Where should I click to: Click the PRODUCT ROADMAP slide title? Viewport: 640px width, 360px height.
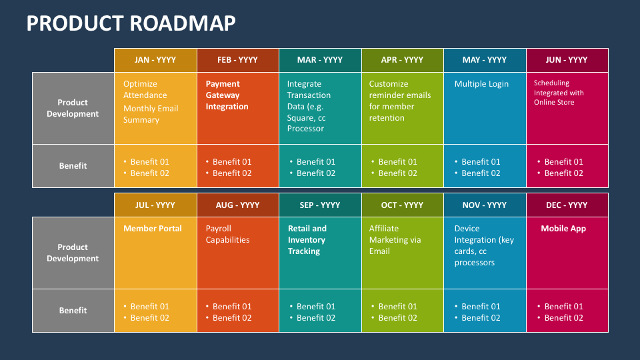[x=131, y=23]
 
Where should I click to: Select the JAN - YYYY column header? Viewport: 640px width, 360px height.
[x=155, y=60]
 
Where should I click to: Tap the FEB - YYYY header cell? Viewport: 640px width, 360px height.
[x=237, y=60]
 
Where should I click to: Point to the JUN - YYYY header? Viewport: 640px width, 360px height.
[x=567, y=60]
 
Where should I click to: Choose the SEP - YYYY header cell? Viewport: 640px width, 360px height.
[x=320, y=205]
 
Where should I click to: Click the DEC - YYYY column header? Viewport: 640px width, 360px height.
[x=567, y=205]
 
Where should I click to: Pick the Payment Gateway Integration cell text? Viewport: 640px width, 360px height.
[x=227, y=95]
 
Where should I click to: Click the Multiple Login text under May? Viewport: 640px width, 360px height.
[x=481, y=84]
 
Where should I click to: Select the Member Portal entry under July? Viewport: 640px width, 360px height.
[x=153, y=229]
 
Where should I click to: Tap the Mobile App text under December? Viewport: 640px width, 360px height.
[x=563, y=229]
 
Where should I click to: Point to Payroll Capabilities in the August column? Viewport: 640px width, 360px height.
[x=227, y=234]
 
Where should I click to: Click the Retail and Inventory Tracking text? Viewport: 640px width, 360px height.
[x=307, y=240]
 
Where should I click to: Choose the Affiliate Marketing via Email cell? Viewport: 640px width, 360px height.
[x=395, y=240]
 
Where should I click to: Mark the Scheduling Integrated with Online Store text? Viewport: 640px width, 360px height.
[x=559, y=93]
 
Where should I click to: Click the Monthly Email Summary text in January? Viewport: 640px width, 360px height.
[x=151, y=114]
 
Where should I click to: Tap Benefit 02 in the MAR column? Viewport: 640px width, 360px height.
[x=316, y=173]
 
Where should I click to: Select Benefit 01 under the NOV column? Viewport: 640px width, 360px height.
[x=481, y=307]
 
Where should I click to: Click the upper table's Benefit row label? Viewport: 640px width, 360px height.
[x=73, y=166]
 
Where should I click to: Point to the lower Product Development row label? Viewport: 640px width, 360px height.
[x=73, y=253]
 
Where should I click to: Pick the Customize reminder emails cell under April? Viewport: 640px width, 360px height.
[x=400, y=101]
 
